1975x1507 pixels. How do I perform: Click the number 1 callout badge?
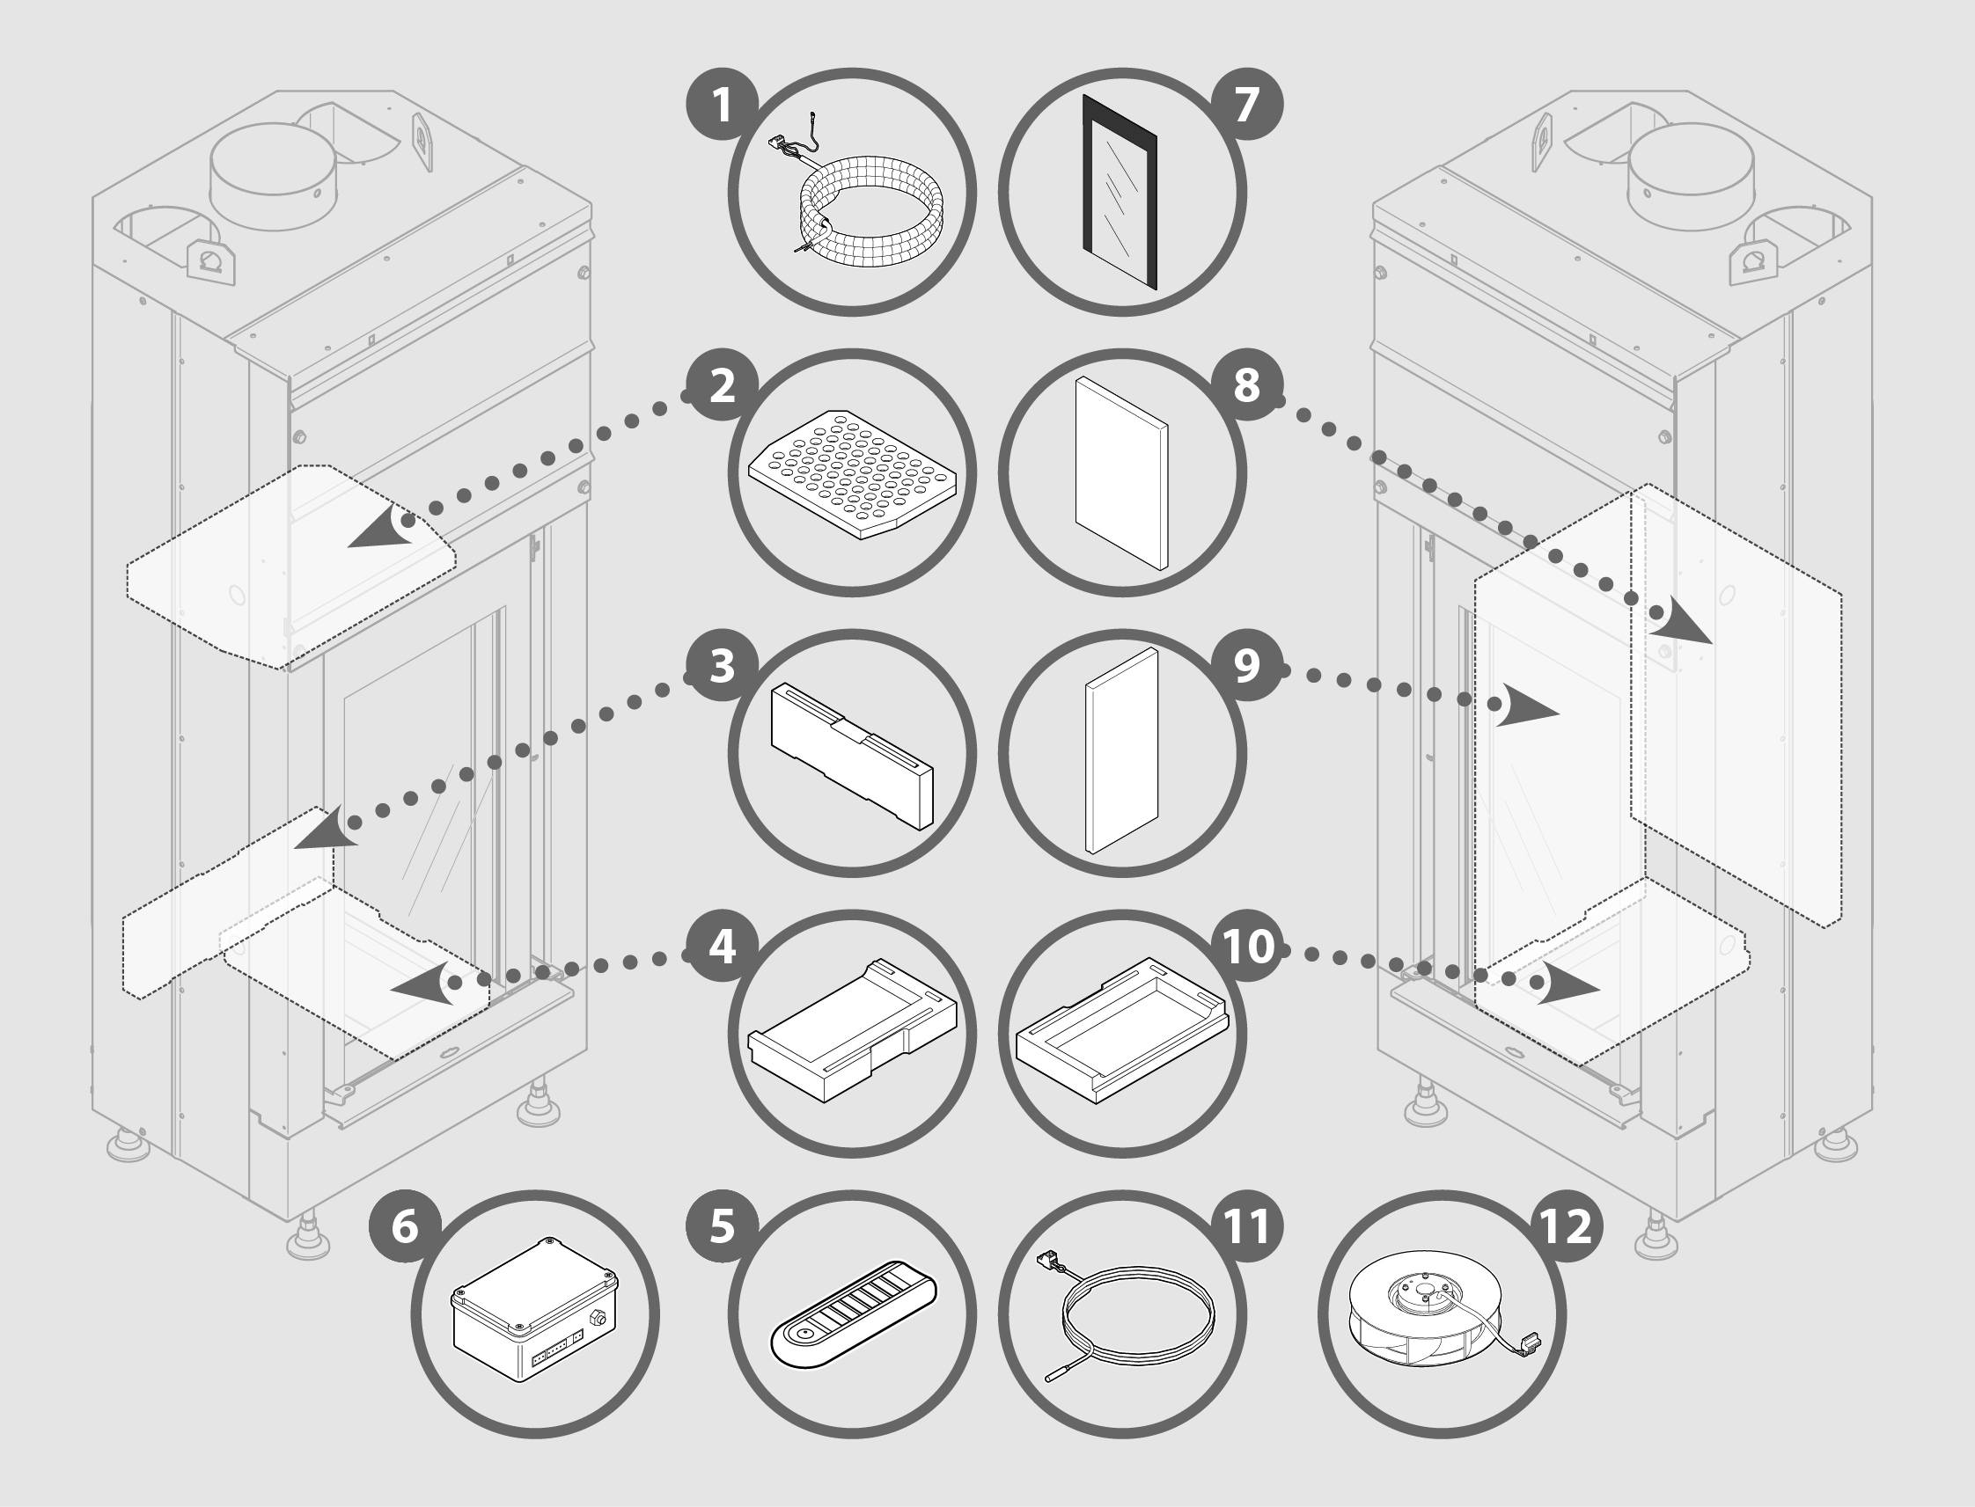[723, 104]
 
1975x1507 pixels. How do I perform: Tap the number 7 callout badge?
[1247, 104]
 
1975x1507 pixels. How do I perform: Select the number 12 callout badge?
[1566, 1226]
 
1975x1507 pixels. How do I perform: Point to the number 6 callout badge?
[405, 1226]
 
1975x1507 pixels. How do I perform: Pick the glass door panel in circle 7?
[1120, 192]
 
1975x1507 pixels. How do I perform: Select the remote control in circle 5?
[854, 1315]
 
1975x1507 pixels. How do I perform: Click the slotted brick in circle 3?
[852, 756]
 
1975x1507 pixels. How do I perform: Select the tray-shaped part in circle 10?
[1121, 1030]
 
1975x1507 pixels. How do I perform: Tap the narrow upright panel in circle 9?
[1121, 750]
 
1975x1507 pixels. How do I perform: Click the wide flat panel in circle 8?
[1121, 472]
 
